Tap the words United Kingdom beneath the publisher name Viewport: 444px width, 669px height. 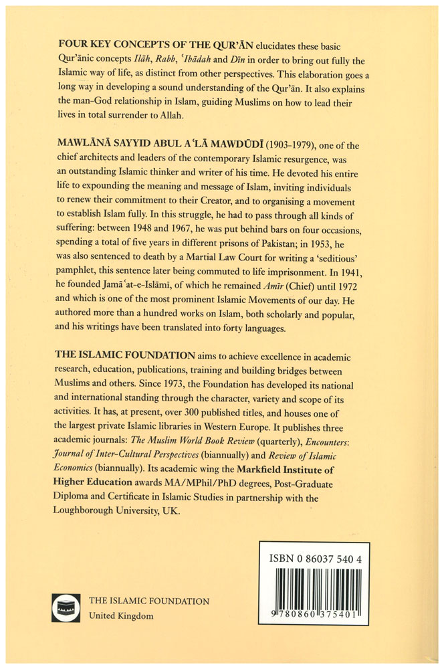pos(122,615)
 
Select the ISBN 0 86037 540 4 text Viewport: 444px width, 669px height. pos(314,557)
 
